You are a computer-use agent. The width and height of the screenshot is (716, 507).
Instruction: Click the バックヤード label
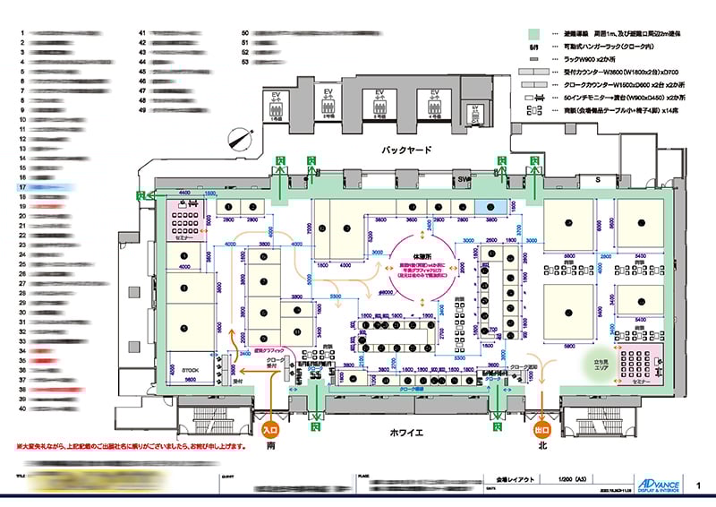click(x=406, y=150)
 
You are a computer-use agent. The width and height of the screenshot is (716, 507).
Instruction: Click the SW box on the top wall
click(x=464, y=180)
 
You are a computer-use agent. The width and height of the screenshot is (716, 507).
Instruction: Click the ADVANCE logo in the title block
click(x=661, y=482)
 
